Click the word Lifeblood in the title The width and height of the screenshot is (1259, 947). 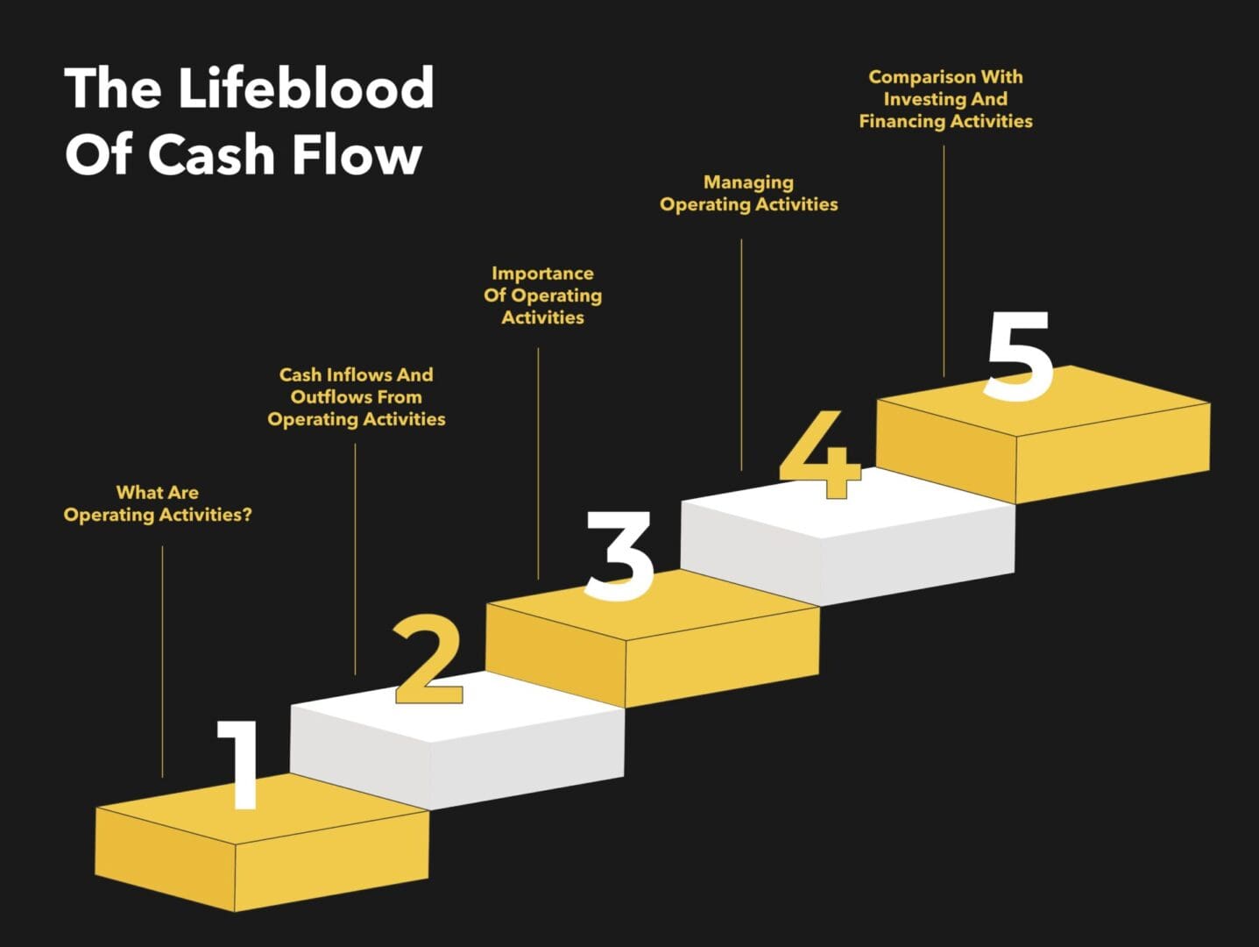(306, 88)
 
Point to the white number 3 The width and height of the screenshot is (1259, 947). (619, 555)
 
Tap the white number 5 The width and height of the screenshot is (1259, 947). (1018, 357)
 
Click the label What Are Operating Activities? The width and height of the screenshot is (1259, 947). (158, 504)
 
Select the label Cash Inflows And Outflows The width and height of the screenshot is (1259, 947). (356, 397)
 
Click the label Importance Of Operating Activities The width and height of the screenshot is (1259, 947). (542, 295)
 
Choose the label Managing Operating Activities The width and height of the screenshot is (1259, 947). (748, 194)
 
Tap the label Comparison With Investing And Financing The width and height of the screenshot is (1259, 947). (945, 99)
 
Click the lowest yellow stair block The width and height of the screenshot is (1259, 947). (263, 855)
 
